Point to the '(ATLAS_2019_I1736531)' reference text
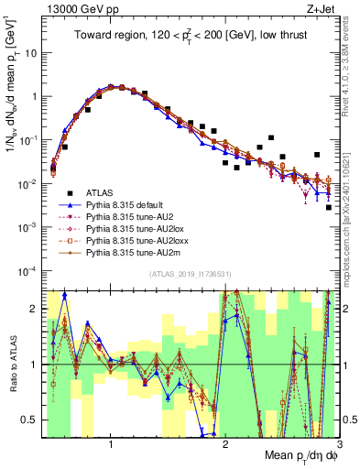190,274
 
